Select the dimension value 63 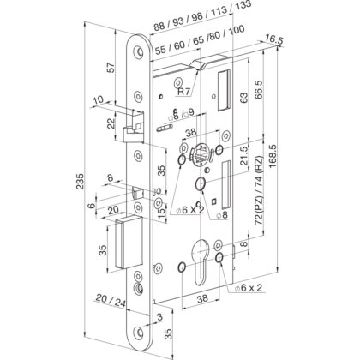(x=245, y=99)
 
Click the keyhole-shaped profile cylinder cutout (x=202, y=267)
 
